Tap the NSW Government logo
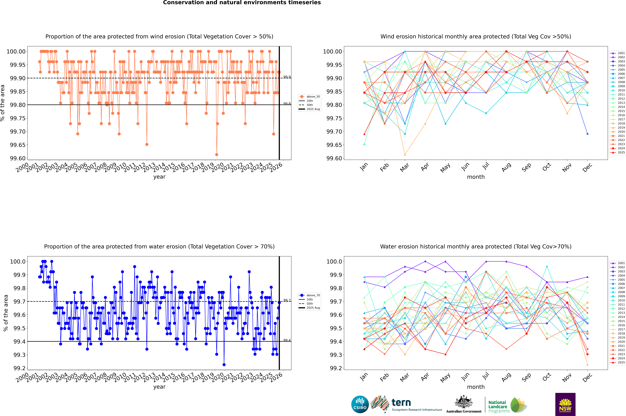pyautogui.click(x=565, y=404)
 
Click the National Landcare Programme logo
pyautogui.click(x=507, y=405)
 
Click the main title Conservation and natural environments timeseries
pyautogui.click(x=242, y=3)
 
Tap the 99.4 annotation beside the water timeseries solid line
pyautogui.click(x=287, y=340)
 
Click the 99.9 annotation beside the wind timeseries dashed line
pyautogui.click(x=287, y=77)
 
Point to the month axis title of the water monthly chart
pyautogui.click(x=476, y=387)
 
